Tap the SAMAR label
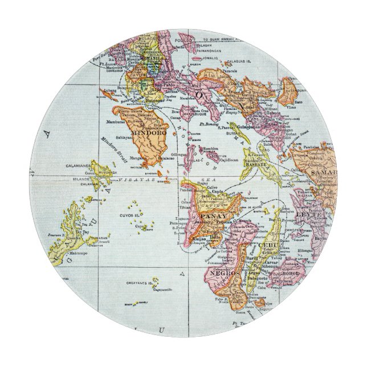pyautogui.click(x=323, y=172)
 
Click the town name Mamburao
pyautogui.click(x=116, y=122)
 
